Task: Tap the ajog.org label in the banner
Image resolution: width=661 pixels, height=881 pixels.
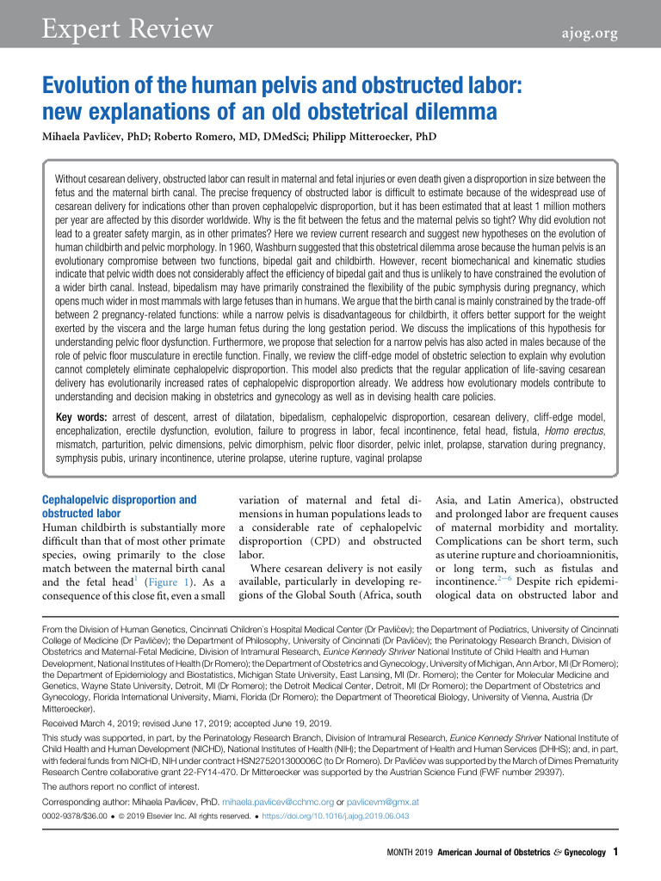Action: click(585, 33)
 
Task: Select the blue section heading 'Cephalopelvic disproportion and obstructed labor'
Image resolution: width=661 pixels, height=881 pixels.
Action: click(120, 506)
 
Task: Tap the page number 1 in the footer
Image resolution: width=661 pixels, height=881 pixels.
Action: click(615, 852)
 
